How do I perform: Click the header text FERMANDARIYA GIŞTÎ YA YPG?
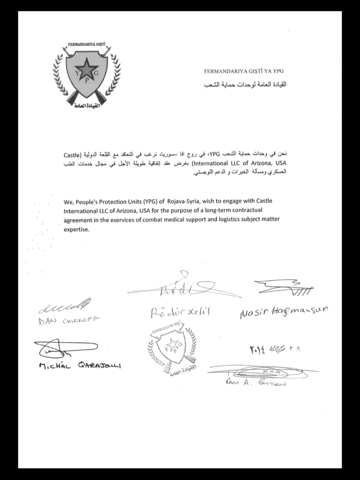(x=244, y=72)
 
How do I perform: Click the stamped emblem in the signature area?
(x=170, y=347)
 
